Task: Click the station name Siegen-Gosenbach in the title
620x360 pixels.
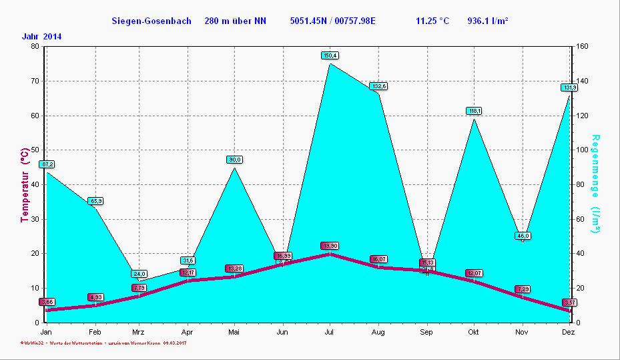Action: (x=151, y=21)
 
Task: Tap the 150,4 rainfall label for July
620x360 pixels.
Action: (x=330, y=55)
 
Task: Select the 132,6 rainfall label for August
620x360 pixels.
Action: (x=379, y=86)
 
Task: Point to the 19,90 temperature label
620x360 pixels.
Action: (x=330, y=246)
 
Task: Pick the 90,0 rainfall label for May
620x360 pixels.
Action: (x=234, y=160)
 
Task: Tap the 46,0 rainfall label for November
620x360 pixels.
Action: (x=523, y=236)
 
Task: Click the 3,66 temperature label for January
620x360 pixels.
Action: (x=47, y=302)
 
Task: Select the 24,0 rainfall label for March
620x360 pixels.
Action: (x=139, y=274)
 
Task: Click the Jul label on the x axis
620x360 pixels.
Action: (x=330, y=332)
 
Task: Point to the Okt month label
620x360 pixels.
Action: (x=473, y=332)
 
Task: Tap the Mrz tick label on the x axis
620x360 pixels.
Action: (x=138, y=332)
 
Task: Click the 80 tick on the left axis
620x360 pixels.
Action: (x=35, y=46)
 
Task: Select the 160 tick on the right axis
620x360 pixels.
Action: (x=581, y=46)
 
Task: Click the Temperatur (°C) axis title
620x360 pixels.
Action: (x=25, y=184)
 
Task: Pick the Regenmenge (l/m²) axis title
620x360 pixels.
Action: (x=595, y=184)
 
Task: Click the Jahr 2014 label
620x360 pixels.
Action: (x=41, y=37)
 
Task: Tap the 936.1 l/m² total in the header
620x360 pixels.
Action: (x=488, y=21)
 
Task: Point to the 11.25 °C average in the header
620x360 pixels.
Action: (x=432, y=21)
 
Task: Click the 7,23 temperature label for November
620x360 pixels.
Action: (x=523, y=289)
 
